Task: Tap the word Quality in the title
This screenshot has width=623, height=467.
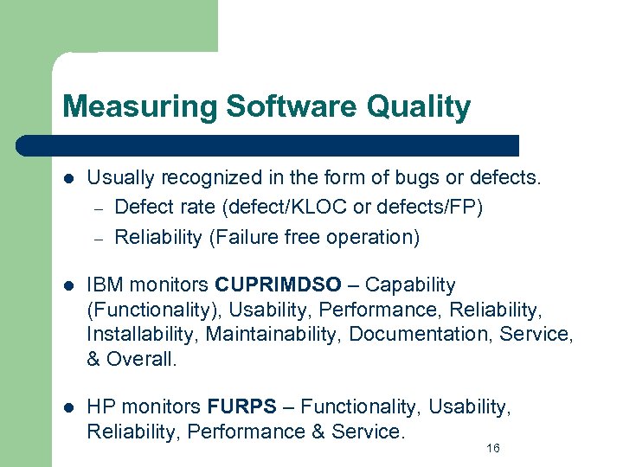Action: [419, 107]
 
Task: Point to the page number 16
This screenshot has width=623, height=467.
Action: [493, 448]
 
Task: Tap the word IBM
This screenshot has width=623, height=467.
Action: [104, 285]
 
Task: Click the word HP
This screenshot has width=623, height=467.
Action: [101, 406]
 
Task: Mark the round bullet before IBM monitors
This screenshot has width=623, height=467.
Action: [68, 285]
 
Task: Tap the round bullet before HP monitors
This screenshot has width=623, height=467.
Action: [68, 406]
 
